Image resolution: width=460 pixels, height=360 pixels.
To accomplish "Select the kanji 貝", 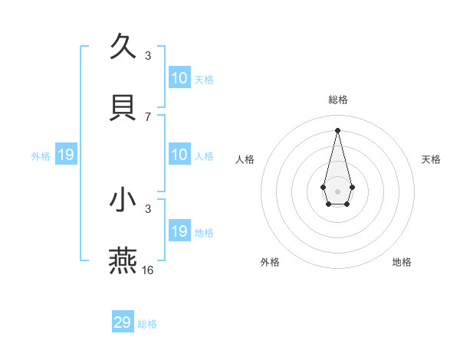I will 123,106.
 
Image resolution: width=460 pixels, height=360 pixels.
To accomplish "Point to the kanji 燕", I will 123,260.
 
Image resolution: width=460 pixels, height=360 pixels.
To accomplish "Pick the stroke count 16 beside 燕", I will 148,270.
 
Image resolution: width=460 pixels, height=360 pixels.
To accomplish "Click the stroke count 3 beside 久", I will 148,56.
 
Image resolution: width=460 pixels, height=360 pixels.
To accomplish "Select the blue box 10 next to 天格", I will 179,78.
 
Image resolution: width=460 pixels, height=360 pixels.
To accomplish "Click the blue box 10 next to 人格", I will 179,155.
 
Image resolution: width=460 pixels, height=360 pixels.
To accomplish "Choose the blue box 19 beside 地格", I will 179,231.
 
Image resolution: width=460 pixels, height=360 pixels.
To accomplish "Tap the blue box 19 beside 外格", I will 66,155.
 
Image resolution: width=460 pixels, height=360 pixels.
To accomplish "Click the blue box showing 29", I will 123,322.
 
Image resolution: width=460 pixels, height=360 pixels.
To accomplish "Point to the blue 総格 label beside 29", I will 148,324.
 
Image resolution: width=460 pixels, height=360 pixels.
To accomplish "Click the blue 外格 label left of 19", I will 41,156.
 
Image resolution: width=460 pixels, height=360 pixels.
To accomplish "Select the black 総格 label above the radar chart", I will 338,100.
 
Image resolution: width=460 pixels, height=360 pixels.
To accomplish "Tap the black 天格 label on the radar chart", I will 432,159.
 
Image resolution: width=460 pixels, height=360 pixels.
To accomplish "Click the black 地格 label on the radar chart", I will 402,262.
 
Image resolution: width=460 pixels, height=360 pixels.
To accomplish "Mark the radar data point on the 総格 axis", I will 338,129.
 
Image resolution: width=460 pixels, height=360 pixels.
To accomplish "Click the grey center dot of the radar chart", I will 338,190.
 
